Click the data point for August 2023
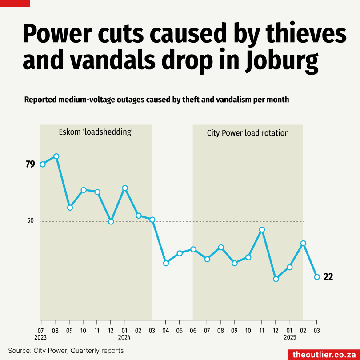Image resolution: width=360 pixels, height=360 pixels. (56, 156)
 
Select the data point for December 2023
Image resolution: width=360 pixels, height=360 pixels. (111, 221)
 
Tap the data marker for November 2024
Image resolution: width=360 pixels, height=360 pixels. (262, 230)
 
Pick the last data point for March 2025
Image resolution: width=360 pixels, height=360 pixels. (317, 277)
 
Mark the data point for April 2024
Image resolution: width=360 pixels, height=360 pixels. (166, 263)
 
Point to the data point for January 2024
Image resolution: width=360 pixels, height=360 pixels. (125, 188)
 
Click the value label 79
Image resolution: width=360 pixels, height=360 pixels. (30, 164)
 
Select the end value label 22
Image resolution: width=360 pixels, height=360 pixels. (328, 277)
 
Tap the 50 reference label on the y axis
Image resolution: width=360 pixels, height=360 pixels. (30, 220)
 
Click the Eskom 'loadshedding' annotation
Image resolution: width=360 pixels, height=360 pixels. (96, 132)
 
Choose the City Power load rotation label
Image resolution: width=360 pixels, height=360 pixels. (248, 133)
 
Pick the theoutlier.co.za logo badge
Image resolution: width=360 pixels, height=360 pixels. (324, 354)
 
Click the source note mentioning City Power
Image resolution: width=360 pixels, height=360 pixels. (66, 351)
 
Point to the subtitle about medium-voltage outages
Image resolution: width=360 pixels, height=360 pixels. (156, 100)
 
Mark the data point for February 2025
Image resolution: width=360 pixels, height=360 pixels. (303, 244)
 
